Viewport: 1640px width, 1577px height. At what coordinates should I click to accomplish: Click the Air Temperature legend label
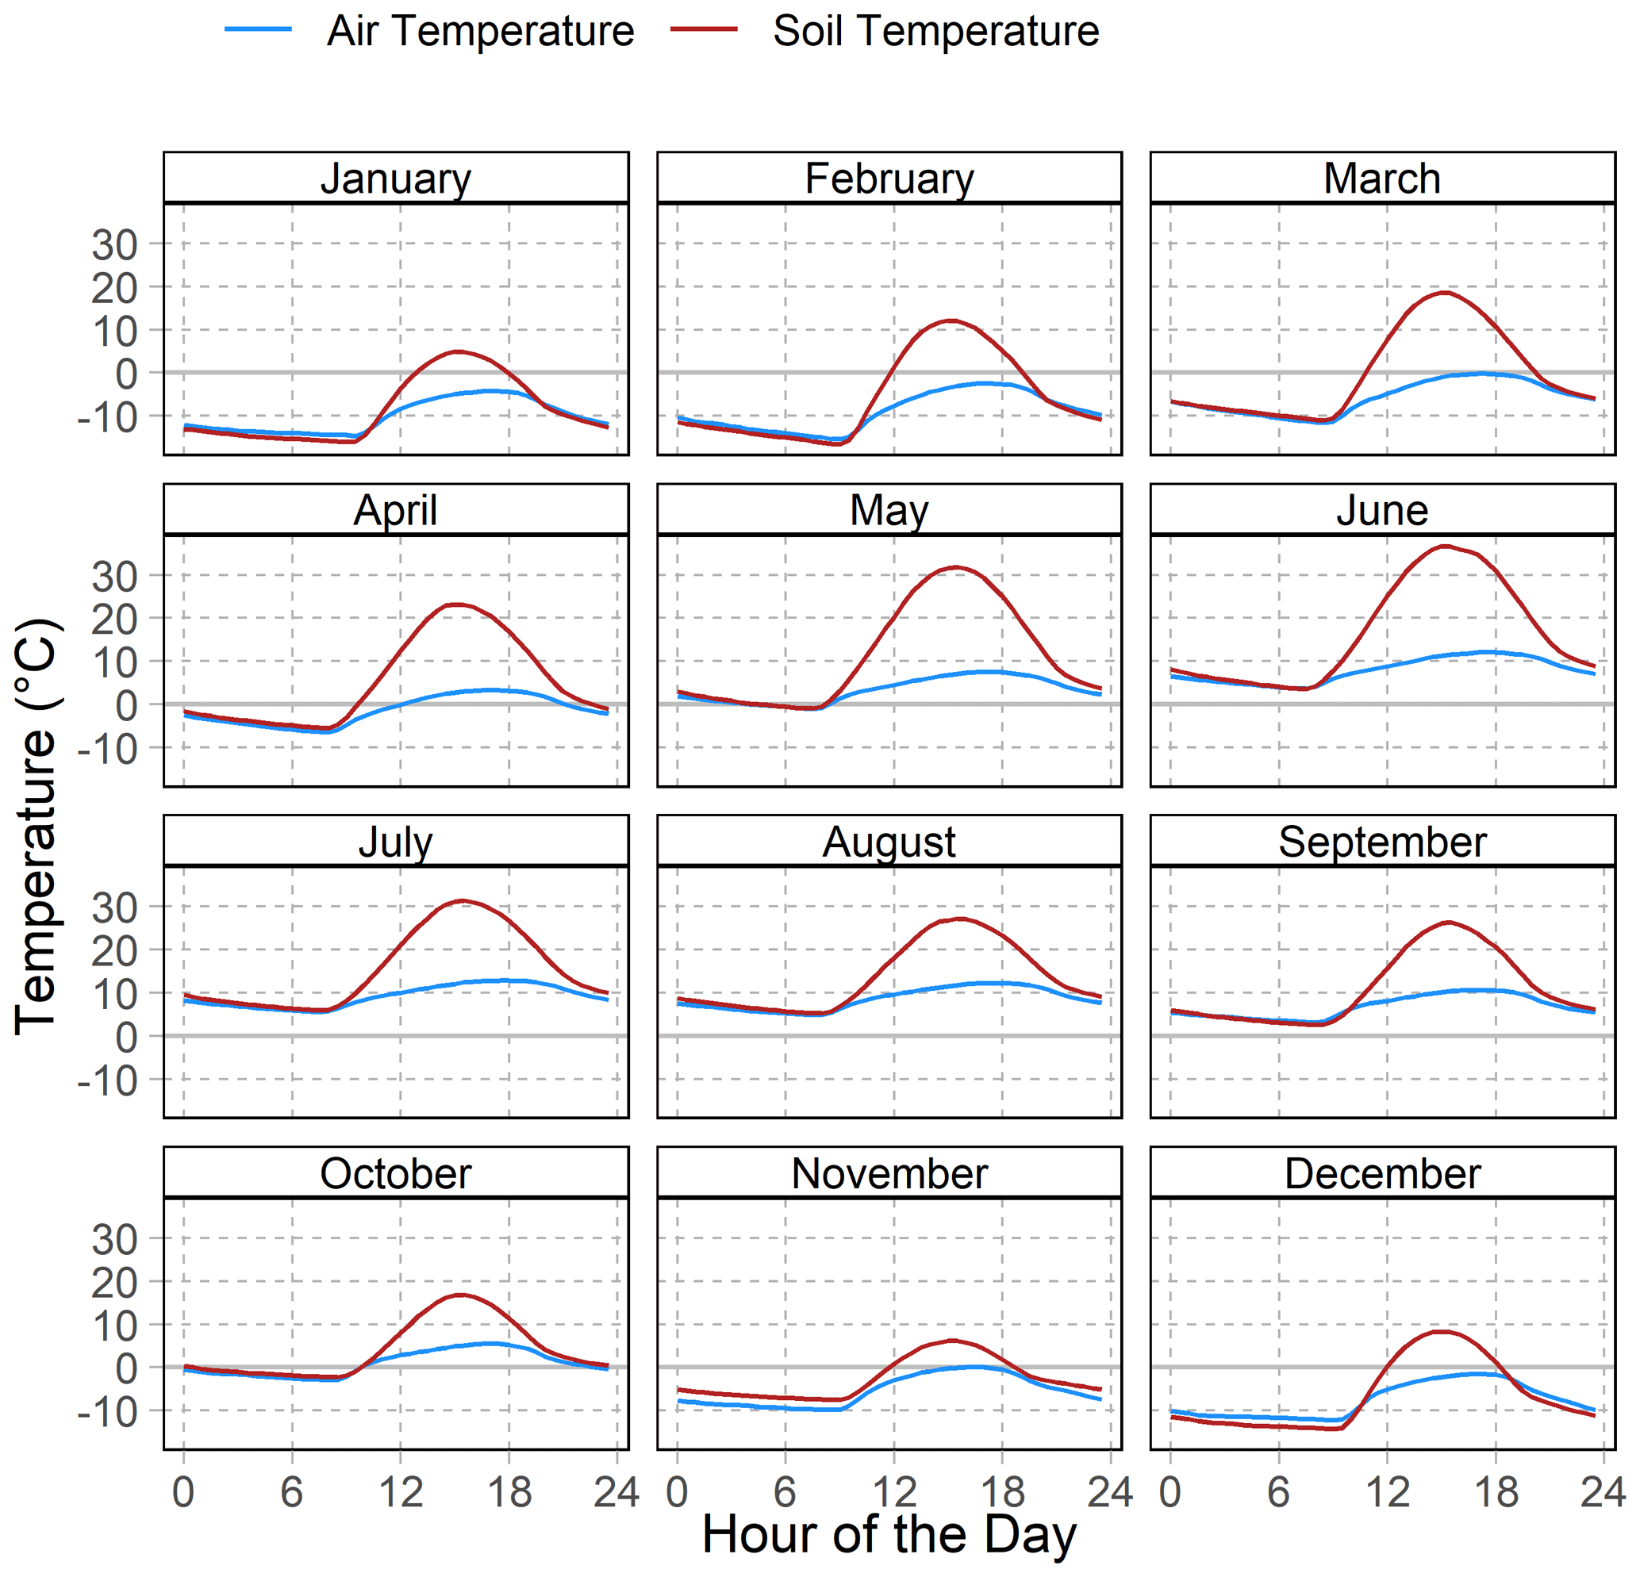pos(480,32)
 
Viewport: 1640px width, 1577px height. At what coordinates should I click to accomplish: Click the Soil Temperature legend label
pos(935,32)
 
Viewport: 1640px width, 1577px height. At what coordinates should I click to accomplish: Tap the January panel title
pos(396,178)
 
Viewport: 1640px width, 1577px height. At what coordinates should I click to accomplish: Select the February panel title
pos(889,178)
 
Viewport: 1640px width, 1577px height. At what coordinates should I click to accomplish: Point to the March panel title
pos(1382,178)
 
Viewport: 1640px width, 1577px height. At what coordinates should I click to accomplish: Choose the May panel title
pos(889,510)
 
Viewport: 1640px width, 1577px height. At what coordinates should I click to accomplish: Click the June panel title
pos(1382,510)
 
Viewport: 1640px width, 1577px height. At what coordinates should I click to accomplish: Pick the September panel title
pos(1382,842)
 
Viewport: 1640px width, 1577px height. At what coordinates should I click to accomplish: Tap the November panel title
pos(889,1174)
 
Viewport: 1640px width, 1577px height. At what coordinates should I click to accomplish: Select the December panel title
pos(1382,1174)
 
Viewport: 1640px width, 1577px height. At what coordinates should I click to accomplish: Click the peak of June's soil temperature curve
pos(1445,546)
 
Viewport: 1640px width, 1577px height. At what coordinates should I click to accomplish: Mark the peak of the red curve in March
pos(1444,292)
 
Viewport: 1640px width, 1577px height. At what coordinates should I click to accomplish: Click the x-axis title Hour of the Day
pos(889,1534)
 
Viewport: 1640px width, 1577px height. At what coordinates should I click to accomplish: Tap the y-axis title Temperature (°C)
pos(35,827)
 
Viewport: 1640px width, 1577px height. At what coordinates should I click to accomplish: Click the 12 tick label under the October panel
pos(401,1491)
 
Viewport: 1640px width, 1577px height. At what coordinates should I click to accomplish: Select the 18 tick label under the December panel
pos(1496,1491)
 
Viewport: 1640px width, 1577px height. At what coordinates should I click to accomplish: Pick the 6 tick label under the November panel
pos(785,1491)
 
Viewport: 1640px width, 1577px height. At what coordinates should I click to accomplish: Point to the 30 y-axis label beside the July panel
pos(114,907)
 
